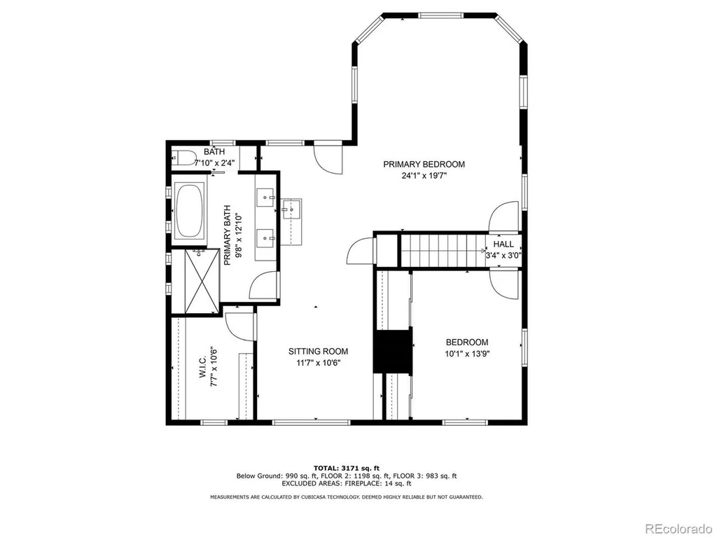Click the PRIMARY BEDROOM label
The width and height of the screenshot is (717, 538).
coord(424,164)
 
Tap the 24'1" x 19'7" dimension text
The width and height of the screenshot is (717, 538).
coord(424,175)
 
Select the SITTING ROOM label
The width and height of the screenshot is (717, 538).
coord(319,352)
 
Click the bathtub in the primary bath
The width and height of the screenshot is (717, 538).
coord(190,210)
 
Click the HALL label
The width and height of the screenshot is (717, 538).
coord(503,244)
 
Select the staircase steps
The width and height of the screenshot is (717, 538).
coord(443,250)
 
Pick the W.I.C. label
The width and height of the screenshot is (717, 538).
coord(204,367)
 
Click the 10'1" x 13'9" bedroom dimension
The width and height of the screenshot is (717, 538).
coord(467,354)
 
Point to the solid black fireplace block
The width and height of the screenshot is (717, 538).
coord(393,350)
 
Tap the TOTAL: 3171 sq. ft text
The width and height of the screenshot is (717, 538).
coord(346,468)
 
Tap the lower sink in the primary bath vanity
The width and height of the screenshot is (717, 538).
coord(265,238)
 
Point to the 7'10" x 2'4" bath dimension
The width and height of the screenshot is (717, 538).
coord(214,163)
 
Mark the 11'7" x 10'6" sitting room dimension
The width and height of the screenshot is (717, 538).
coord(319,364)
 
